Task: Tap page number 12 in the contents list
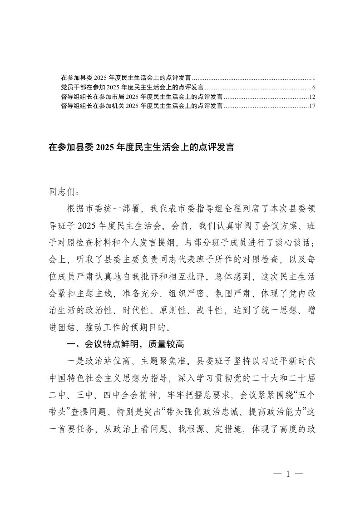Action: point(312,97)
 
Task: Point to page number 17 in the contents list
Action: point(312,106)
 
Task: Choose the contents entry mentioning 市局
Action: point(141,97)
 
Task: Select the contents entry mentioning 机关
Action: point(141,106)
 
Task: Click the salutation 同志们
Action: point(63,192)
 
